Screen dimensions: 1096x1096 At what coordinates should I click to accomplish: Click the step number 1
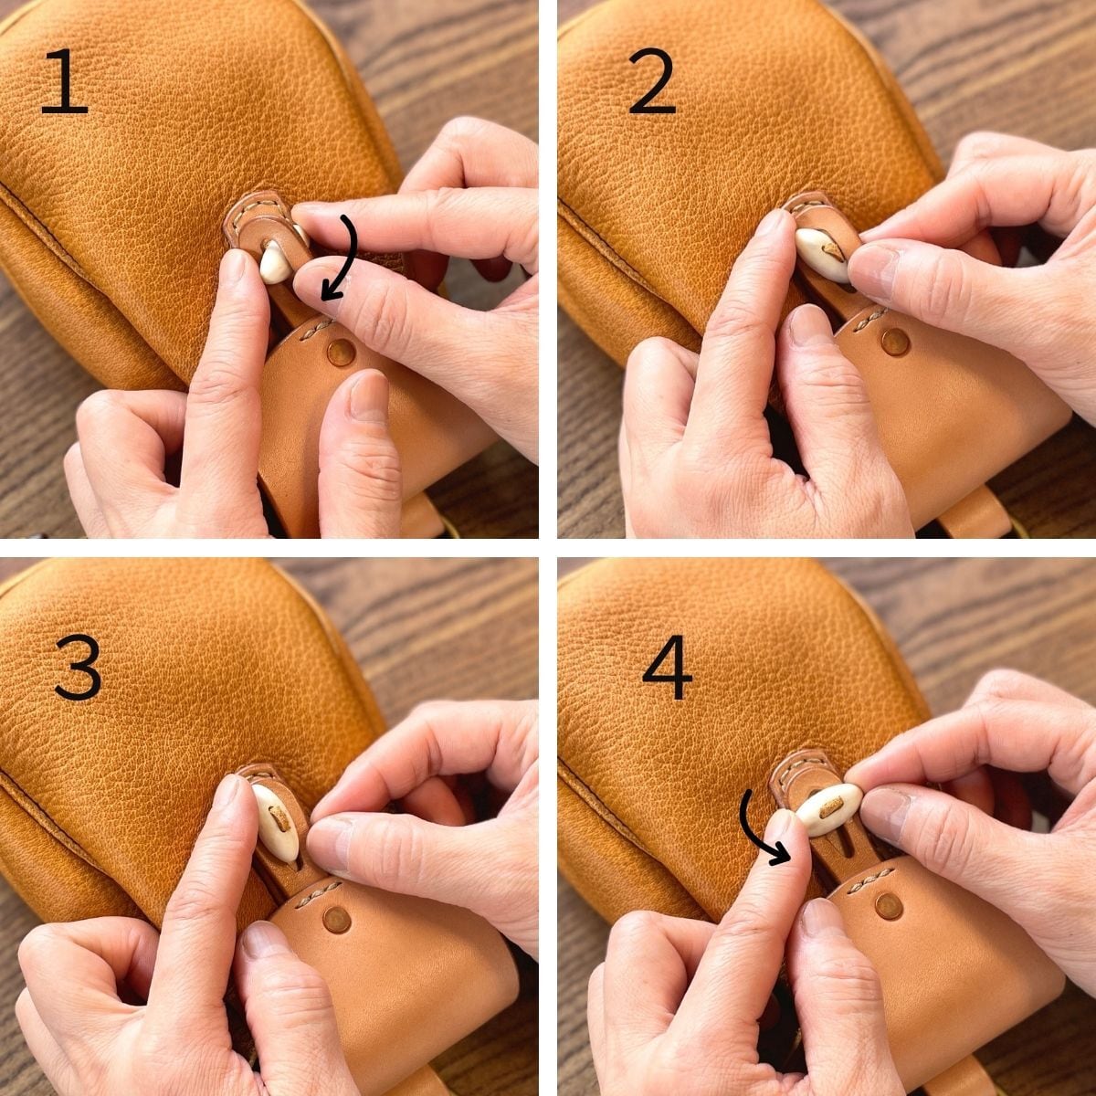click(x=64, y=81)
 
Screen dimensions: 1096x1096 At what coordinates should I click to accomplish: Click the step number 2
click(x=653, y=81)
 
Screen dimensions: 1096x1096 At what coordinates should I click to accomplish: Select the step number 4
click(x=667, y=667)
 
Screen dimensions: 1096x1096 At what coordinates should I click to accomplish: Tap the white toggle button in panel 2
click(x=823, y=255)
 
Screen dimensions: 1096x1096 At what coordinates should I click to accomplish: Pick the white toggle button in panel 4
click(x=828, y=810)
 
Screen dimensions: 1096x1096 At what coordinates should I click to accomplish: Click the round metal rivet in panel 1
click(x=342, y=353)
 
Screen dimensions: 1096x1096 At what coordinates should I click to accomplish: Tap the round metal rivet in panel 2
click(x=895, y=342)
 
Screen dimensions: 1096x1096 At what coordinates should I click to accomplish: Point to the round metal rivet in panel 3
click(x=337, y=919)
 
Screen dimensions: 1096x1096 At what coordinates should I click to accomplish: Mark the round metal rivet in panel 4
click(x=890, y=907)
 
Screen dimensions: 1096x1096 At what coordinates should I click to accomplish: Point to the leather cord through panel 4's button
click(x=830, y=806)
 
